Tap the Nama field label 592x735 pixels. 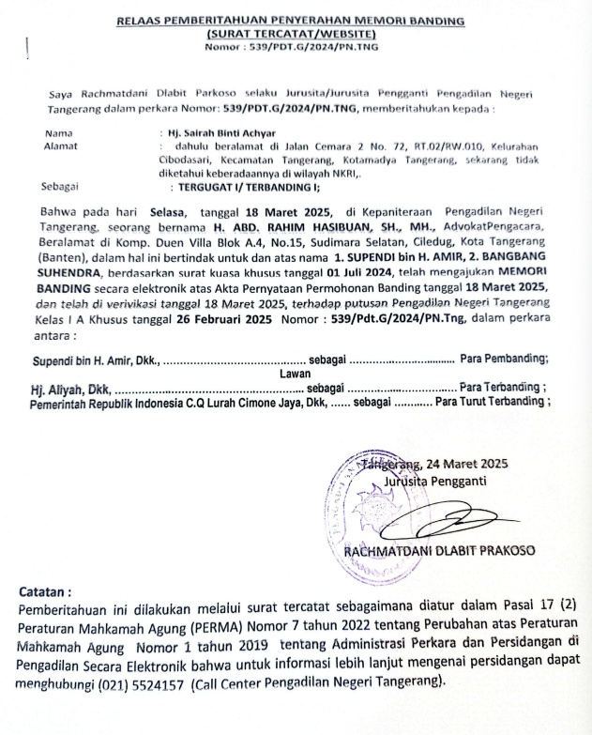coord(58,134)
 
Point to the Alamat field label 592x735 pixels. coord(62,146)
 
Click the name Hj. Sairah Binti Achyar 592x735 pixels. coord(217,134)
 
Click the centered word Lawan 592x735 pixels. coord(294,373)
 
